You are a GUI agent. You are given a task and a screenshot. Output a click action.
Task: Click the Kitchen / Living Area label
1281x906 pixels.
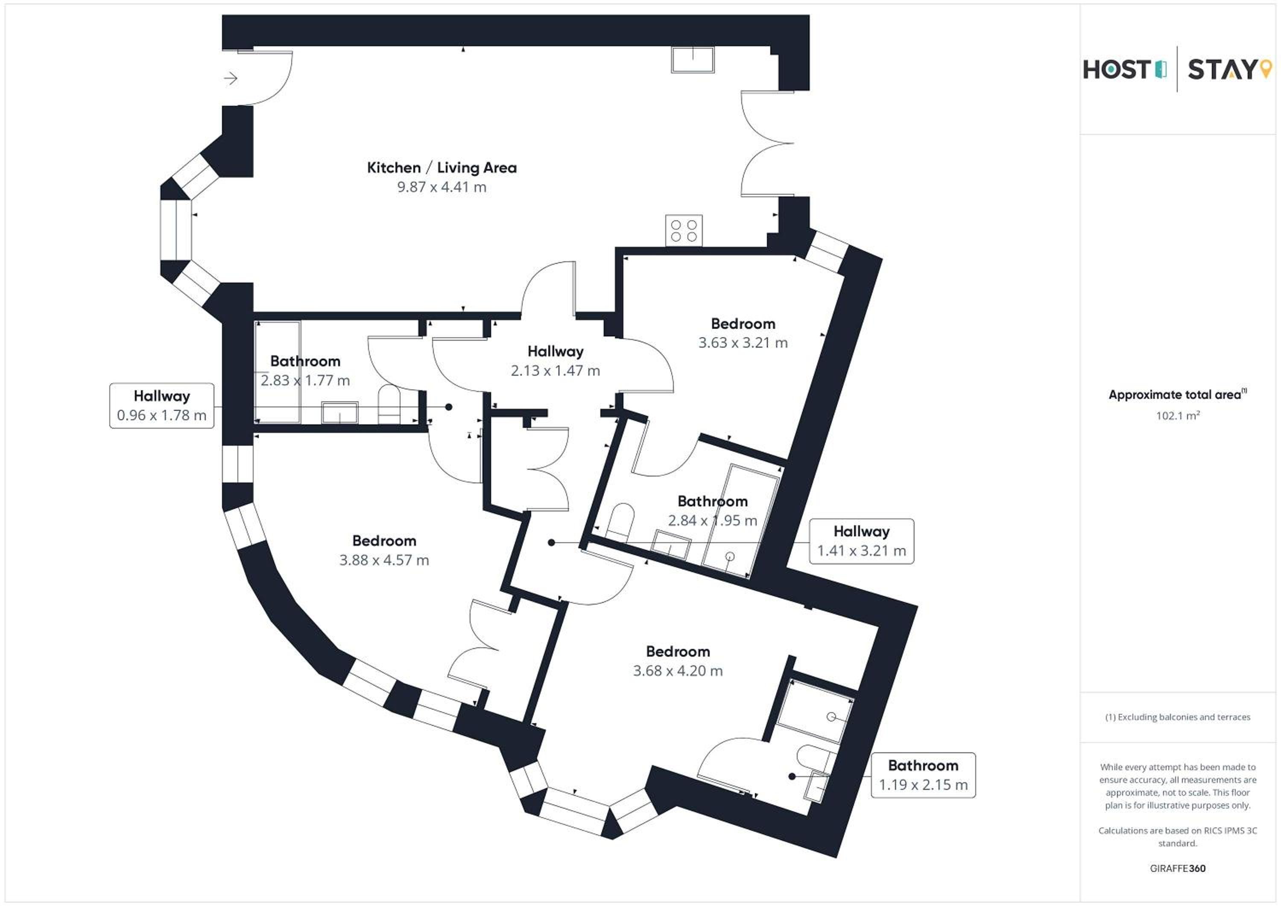click(442, 168)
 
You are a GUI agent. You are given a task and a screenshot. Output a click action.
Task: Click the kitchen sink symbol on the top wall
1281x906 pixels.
click(693, 60)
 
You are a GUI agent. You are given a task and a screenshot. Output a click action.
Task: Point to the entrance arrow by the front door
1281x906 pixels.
click(231, 78)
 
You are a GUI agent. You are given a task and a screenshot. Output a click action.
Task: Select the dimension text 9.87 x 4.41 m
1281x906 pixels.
click(442, 187)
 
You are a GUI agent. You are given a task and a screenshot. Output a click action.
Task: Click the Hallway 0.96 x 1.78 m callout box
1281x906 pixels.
click(162, 406)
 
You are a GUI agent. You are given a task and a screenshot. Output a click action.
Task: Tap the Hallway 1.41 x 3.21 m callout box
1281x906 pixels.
click(861, 541)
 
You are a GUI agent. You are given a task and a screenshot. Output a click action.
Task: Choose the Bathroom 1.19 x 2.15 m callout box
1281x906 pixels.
click(923, 775)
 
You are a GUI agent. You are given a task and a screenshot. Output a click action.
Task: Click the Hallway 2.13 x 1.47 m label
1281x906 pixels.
click(556, 361)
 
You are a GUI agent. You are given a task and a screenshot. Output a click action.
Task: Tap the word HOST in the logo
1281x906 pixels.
click(1117, 70)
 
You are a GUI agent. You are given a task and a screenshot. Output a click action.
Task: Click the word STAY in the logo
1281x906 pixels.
click(1222, 70)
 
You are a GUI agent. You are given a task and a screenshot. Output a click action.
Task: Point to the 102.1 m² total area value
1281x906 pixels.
click(1178, 415)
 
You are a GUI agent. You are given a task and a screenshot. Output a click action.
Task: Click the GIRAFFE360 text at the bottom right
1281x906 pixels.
click(1178, 868)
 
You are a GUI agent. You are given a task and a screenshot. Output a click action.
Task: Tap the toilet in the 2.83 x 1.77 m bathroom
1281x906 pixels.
click(389, 404)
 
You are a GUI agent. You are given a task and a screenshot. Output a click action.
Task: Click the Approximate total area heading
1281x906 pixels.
click(1178, 395)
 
